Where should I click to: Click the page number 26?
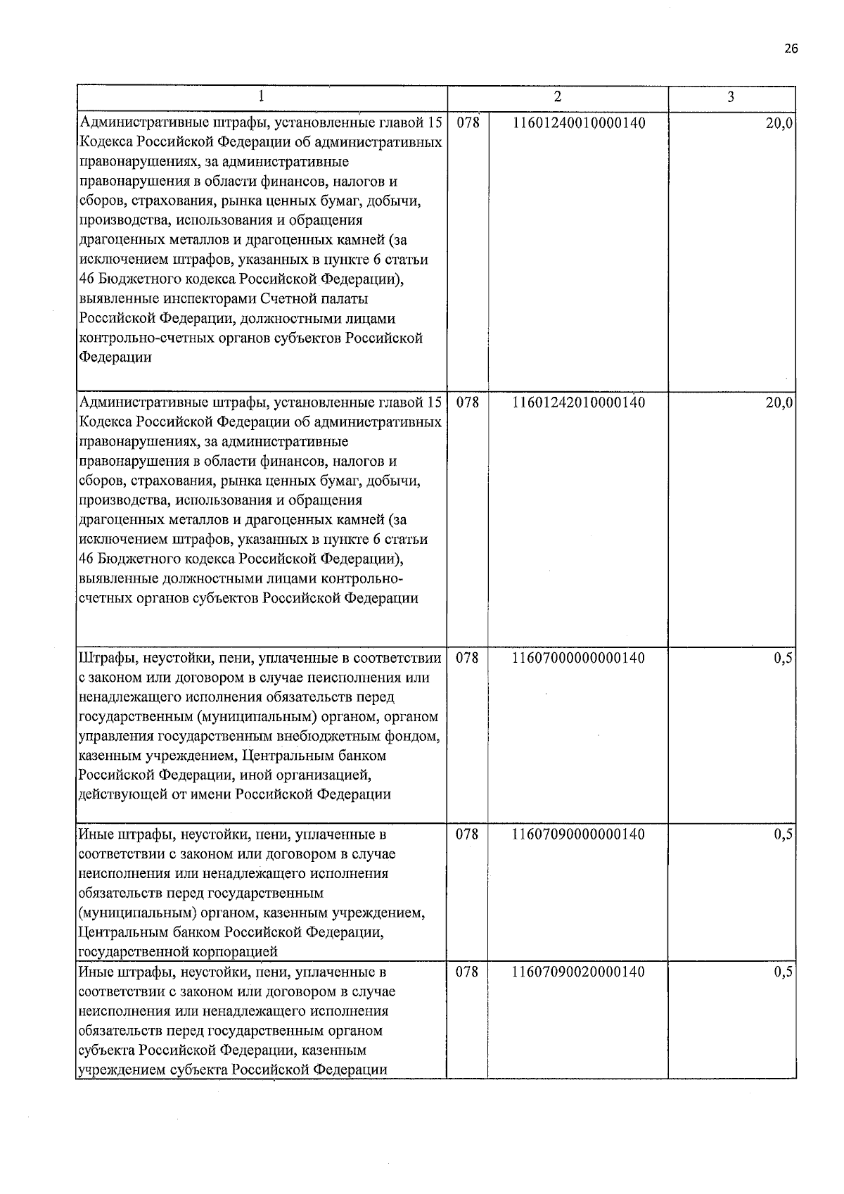791,49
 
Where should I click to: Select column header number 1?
262,97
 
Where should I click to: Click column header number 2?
557,97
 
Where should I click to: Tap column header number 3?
731,97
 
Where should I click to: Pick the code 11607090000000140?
579,834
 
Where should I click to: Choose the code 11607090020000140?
579,972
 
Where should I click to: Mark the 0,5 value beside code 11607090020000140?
784,972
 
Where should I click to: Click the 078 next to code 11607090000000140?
468,834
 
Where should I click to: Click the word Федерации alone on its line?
115,357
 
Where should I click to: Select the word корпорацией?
234,952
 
